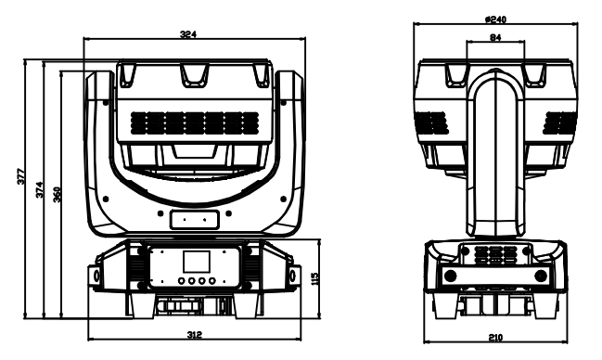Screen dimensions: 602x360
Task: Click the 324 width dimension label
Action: pos(188,34)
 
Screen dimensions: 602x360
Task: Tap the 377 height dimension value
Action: pos(21,176)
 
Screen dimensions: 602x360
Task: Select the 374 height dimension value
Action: pos(40,190)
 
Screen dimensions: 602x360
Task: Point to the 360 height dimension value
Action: pos(57,195)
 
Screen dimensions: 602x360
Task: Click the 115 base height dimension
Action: pos(314,278)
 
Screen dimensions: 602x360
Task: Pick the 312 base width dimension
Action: pos(194,335)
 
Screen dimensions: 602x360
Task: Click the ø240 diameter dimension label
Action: pos(495,19)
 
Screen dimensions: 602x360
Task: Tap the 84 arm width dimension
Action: pos(495,37)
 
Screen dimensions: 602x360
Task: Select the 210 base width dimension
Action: pos(495,338)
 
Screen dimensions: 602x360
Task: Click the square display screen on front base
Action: pos(197,262)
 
